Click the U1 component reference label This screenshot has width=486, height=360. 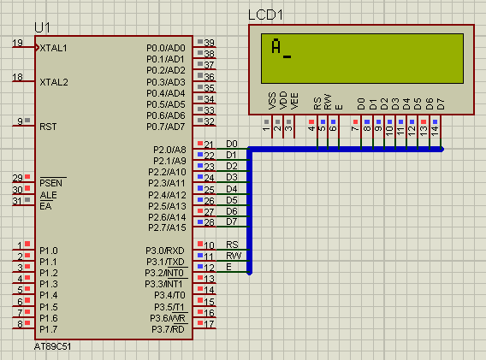click(42, 28)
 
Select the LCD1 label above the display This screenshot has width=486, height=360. click(265, 15)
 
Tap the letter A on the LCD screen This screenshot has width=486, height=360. click(276, 48)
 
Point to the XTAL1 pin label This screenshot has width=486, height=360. click(53, 48)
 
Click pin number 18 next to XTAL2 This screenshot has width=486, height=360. click(18, 77)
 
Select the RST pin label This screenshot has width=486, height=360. click(48, 127)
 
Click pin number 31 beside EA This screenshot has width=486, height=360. click(17, 201)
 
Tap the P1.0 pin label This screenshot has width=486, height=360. click(49, 251)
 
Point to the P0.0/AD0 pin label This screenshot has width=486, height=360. click(166, 48)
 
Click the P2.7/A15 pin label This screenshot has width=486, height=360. click(166, 227)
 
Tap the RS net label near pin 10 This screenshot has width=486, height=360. click(232, 245)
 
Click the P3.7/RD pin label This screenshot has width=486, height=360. click(167, 329)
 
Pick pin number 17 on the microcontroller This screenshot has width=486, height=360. click(210, 324)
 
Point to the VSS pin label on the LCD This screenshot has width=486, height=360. click(272, 101)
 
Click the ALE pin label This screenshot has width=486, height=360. click(49, 195)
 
